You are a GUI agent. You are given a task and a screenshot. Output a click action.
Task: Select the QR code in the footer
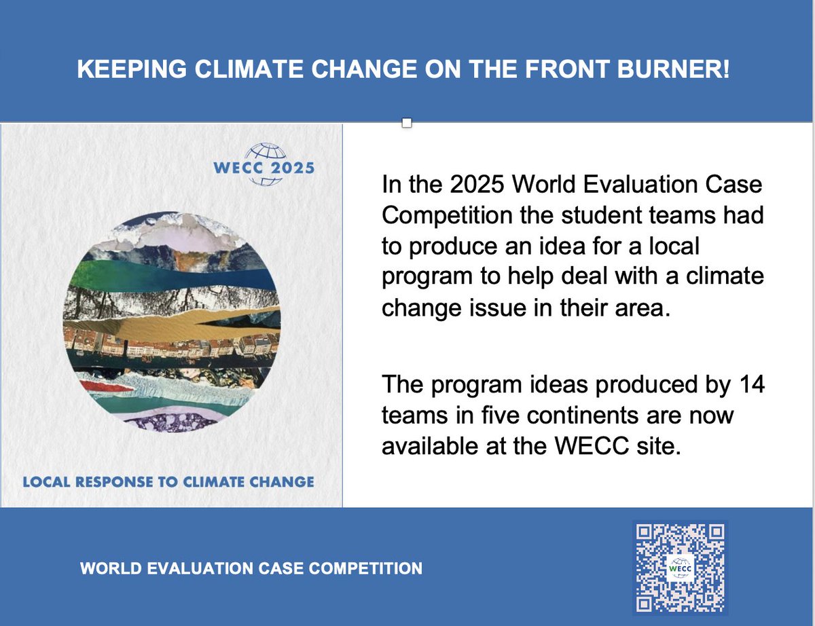680,567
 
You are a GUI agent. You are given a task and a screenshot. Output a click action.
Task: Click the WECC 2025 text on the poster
264,167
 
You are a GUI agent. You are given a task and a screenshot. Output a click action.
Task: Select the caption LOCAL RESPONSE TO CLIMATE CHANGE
168,482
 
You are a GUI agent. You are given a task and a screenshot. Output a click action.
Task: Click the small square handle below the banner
407,123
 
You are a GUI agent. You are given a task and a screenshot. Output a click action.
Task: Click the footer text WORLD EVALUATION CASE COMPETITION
251,568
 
